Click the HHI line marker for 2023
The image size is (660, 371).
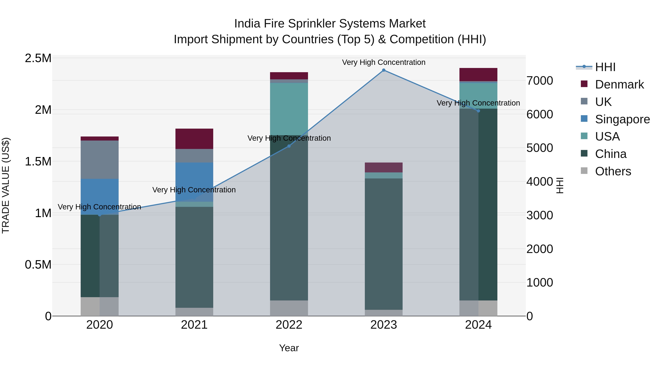pyautogui.click(x=384, y=70)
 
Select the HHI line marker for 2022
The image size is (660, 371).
pyautogui.click(x=289, y=146)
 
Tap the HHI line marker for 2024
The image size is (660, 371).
pyautogui.click(x=478, y=111)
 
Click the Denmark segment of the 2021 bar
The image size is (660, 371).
pyautogui.click(x=194, y=139)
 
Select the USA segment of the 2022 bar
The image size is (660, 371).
pyautogui.click(x=289, y=109)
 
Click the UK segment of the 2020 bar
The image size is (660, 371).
pyautogui.click(x=100, y=160)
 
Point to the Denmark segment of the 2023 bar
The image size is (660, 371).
pyautogui.click(x=384, y=167)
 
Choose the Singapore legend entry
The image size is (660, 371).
pyautogui.click(x=622, y=119)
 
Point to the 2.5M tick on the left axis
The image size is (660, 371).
pyautogui.click(x=38, y=58)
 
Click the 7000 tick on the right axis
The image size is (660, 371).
pyautogui.click(x=540, y=81)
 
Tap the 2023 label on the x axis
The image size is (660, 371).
pyautogui.click(x=384, y=325)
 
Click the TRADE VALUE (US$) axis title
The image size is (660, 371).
pyautogui.click(x=6, y=185)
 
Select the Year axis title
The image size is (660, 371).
pyautogui.click(x=289, y=348)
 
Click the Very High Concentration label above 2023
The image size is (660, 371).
pyautogui.click(x=384, y=62)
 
